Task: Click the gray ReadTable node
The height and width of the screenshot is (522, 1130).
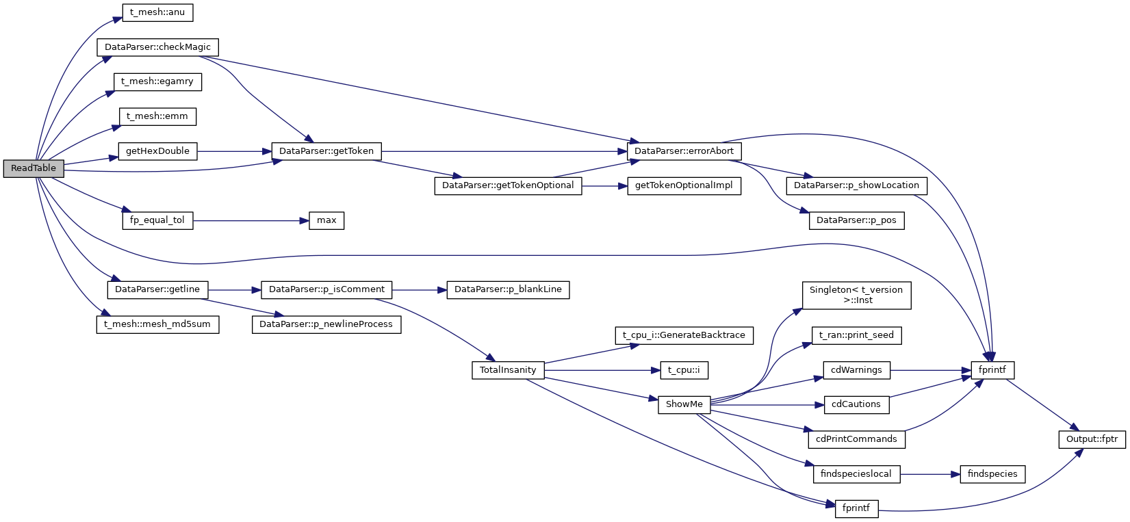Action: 34,168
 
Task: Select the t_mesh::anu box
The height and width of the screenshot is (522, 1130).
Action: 157,12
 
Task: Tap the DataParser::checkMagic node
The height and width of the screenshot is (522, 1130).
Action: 157,47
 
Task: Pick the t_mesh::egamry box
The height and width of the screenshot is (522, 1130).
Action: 157,81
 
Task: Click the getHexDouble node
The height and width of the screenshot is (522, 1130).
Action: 157,151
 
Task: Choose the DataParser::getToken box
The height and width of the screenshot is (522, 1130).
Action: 326,151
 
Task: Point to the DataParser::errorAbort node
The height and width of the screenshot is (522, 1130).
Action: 684,151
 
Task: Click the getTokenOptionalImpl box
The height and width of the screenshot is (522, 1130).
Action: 684,185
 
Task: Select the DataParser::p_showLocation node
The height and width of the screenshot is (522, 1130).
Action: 856,185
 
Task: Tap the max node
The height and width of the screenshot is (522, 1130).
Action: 326,220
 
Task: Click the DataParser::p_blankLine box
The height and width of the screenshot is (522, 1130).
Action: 508,289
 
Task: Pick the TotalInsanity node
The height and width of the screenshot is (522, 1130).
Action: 508,370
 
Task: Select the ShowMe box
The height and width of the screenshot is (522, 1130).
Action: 684,404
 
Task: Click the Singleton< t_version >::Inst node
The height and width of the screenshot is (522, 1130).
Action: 856,295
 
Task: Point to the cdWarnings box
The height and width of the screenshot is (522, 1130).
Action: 856,370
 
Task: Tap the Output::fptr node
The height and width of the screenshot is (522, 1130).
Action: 1092,439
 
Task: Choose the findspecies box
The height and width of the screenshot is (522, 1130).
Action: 992,474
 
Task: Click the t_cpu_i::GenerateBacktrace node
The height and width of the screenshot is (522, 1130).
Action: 684,335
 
